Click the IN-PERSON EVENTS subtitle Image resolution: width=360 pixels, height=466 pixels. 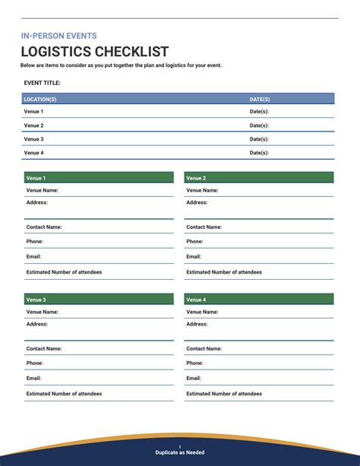(58, 36)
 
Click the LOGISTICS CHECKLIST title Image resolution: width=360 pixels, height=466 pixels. (95, 52)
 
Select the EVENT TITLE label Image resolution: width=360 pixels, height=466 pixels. (43, 83)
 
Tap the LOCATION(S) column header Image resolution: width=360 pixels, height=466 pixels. (40, 99)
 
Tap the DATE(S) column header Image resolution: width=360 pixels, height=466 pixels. (260, 99)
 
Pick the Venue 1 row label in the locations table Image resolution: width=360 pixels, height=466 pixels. (33, 112)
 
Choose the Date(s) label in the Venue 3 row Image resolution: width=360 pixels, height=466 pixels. (259, 139)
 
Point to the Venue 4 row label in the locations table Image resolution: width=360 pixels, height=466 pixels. (33, 153)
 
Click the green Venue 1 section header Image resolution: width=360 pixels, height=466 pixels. (98, 178)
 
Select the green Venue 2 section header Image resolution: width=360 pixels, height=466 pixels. (258, 178)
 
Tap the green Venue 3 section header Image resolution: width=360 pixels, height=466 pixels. (98, 300)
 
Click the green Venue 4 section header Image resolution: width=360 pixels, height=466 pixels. (258, 300)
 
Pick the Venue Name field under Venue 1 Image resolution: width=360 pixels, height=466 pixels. (43, 190)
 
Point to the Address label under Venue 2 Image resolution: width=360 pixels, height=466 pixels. (197, 202)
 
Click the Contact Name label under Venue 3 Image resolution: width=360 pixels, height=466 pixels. (44, 348)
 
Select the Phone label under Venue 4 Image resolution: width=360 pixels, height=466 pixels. (194, 363)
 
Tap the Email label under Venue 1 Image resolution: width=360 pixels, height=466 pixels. (33, 257)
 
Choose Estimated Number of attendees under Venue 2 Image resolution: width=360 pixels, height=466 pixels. (224, 272)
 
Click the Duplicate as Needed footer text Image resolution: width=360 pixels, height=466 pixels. (180, 452)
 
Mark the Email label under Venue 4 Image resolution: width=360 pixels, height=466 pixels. (194, 379)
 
